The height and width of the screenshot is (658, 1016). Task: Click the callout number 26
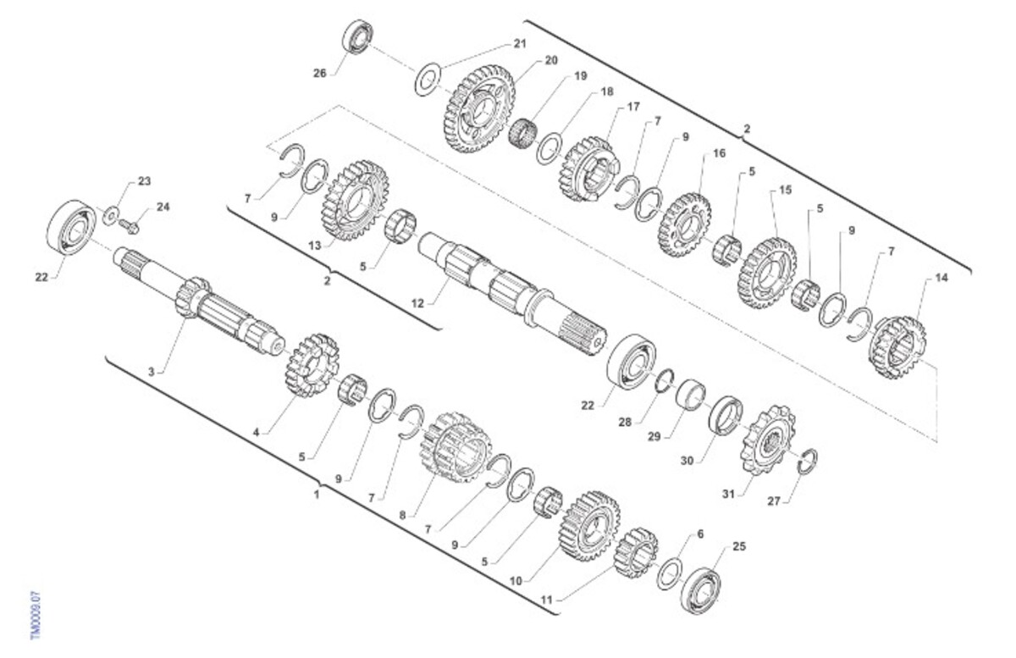pyautogui.click(x=320, y=73)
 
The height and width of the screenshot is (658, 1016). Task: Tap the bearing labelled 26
pyautogui.click(x=357, y=36)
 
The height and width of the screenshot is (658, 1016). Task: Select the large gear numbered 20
pyautogui.click(x=479, y=109)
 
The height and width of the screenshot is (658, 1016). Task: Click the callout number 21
pyautogui.click(x=520, y=43)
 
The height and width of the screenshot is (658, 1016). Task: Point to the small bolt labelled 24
pyautogui.click(x=129, y=226)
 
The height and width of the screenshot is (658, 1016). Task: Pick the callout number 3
pyautogui.click(x=152, y=372)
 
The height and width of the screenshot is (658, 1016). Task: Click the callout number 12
pyautogui.click(x=417, y=303)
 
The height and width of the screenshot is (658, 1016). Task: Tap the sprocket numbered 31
pyautogui.click(x=767, y=440)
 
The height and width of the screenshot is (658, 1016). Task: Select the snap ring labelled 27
pyautogui.click(x=808, y=462)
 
